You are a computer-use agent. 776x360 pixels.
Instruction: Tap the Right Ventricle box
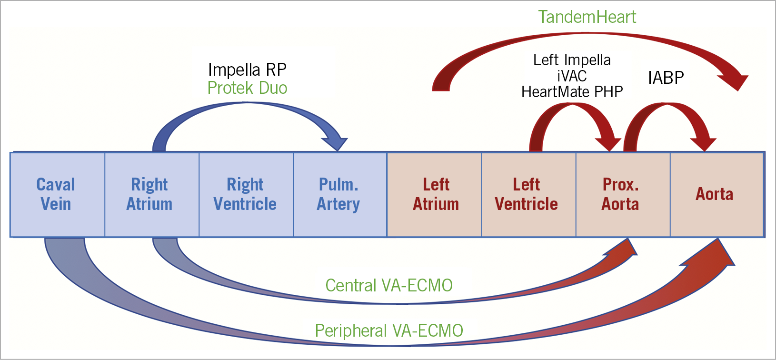click(246, 194)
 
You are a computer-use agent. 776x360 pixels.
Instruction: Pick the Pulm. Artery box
click(339, 194)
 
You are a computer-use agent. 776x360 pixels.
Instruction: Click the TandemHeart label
click(587, 17)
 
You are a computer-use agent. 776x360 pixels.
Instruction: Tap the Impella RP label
click(247, 70)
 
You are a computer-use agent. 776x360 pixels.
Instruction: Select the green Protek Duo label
click(247, 88)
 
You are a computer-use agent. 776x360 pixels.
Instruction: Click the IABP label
click(666, 78)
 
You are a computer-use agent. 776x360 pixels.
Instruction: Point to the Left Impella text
click(572, 60)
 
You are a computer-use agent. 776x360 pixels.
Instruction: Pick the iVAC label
click(572, 76)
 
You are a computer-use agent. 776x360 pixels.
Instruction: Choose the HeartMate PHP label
click(572, 91)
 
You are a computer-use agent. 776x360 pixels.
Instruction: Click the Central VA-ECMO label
click(389, 285)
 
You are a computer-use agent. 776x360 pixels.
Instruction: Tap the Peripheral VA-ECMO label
click(389, 330)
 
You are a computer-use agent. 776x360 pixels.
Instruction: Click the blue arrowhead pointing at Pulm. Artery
click(335, 142)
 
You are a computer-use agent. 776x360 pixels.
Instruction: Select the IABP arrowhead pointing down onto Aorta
click(704, 143)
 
